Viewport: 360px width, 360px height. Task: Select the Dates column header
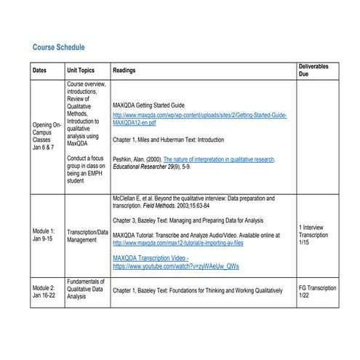[40, 71]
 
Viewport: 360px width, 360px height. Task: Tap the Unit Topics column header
[81, 71]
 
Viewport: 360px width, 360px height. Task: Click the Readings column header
[124, 71]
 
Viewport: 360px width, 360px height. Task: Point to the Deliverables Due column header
[313, 71]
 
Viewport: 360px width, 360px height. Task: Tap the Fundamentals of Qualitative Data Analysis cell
[87, 289]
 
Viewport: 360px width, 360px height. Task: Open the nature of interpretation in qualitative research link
[218, 158]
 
